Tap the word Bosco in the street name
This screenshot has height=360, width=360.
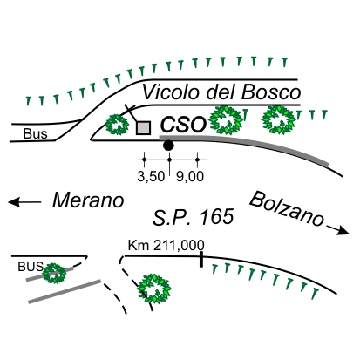tap(271, 92)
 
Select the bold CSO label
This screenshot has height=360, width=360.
tap(183, 124)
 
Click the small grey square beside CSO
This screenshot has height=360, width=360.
tap(143, 128)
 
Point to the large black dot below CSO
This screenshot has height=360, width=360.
tap(168, 145)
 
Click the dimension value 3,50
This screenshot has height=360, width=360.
tap(151, 177)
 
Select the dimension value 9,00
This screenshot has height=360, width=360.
tap(190, 177)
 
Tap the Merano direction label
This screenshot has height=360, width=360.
tap(88, 200)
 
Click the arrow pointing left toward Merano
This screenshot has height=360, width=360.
tap(24, 202)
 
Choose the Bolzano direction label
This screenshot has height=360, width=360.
tap(287, 208)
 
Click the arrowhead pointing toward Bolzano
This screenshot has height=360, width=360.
tap(344, 230)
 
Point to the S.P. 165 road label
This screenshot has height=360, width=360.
tap(194, 217)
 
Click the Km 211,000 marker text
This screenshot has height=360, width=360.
tap(166, 246)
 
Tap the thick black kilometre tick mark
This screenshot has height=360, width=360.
tap(201, 260)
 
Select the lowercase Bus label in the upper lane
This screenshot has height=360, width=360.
tap(35, 134)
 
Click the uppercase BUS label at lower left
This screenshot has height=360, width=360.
tap(31, 267)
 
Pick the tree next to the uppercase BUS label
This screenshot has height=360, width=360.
tap(55, 274)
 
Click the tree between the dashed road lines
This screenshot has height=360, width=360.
tap(154, 289)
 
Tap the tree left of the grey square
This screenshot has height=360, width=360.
tap(117, 125)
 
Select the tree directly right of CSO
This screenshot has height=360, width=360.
tap(226, 120)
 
